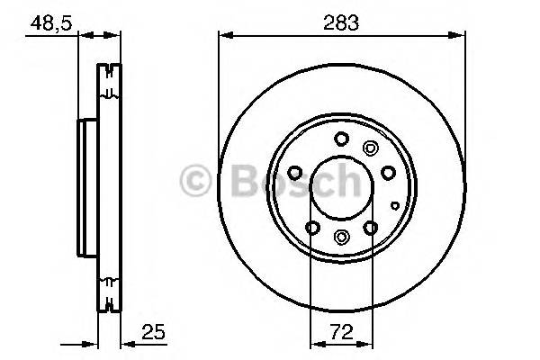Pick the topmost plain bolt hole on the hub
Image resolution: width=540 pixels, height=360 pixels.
tap(341, 139)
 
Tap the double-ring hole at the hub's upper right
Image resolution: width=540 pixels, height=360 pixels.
tap(368, 149)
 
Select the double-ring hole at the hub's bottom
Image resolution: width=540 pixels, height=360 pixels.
tap(341, 237)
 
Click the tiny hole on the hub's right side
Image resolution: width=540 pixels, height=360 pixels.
tap(394, 205)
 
